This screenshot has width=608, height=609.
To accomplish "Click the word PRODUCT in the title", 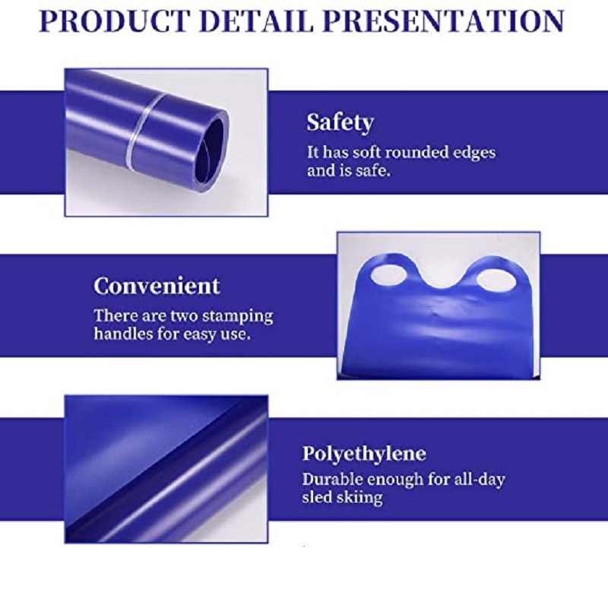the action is (115, 21).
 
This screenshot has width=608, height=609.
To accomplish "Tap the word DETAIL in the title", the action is (256, 21).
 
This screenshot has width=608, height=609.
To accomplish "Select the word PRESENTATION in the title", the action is (443, 21).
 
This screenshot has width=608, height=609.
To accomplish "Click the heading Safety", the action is (340, 122).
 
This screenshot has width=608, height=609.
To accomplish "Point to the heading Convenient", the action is (157, 286).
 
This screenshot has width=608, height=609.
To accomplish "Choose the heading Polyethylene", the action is (364, 454).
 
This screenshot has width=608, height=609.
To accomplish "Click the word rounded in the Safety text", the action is (416, 152).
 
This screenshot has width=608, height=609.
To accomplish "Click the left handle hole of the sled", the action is (388, 275).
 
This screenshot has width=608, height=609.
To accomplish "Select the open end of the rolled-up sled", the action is (210, 151).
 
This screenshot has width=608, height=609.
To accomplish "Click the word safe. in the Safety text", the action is (372, 171).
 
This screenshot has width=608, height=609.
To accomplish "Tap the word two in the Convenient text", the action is (185, 316).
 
